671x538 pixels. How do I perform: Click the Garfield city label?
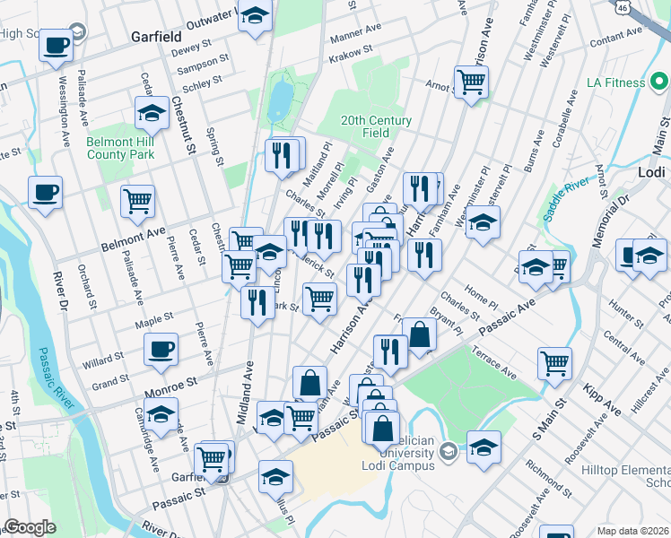(x=156, y=38)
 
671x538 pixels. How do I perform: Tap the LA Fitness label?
(x=615, y=82)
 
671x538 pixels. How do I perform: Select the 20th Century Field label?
(x=376, y=126)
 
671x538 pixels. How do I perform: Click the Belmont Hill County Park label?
(x=120, y=148)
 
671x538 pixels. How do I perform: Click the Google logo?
(x=30, y=528)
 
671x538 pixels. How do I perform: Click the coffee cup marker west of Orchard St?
(x=45, y=191)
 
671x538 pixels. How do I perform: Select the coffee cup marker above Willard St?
(x=161, y=348)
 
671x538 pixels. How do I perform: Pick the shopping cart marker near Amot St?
(x=471, y=82)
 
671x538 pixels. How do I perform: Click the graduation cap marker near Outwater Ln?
(x=256, y=17)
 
